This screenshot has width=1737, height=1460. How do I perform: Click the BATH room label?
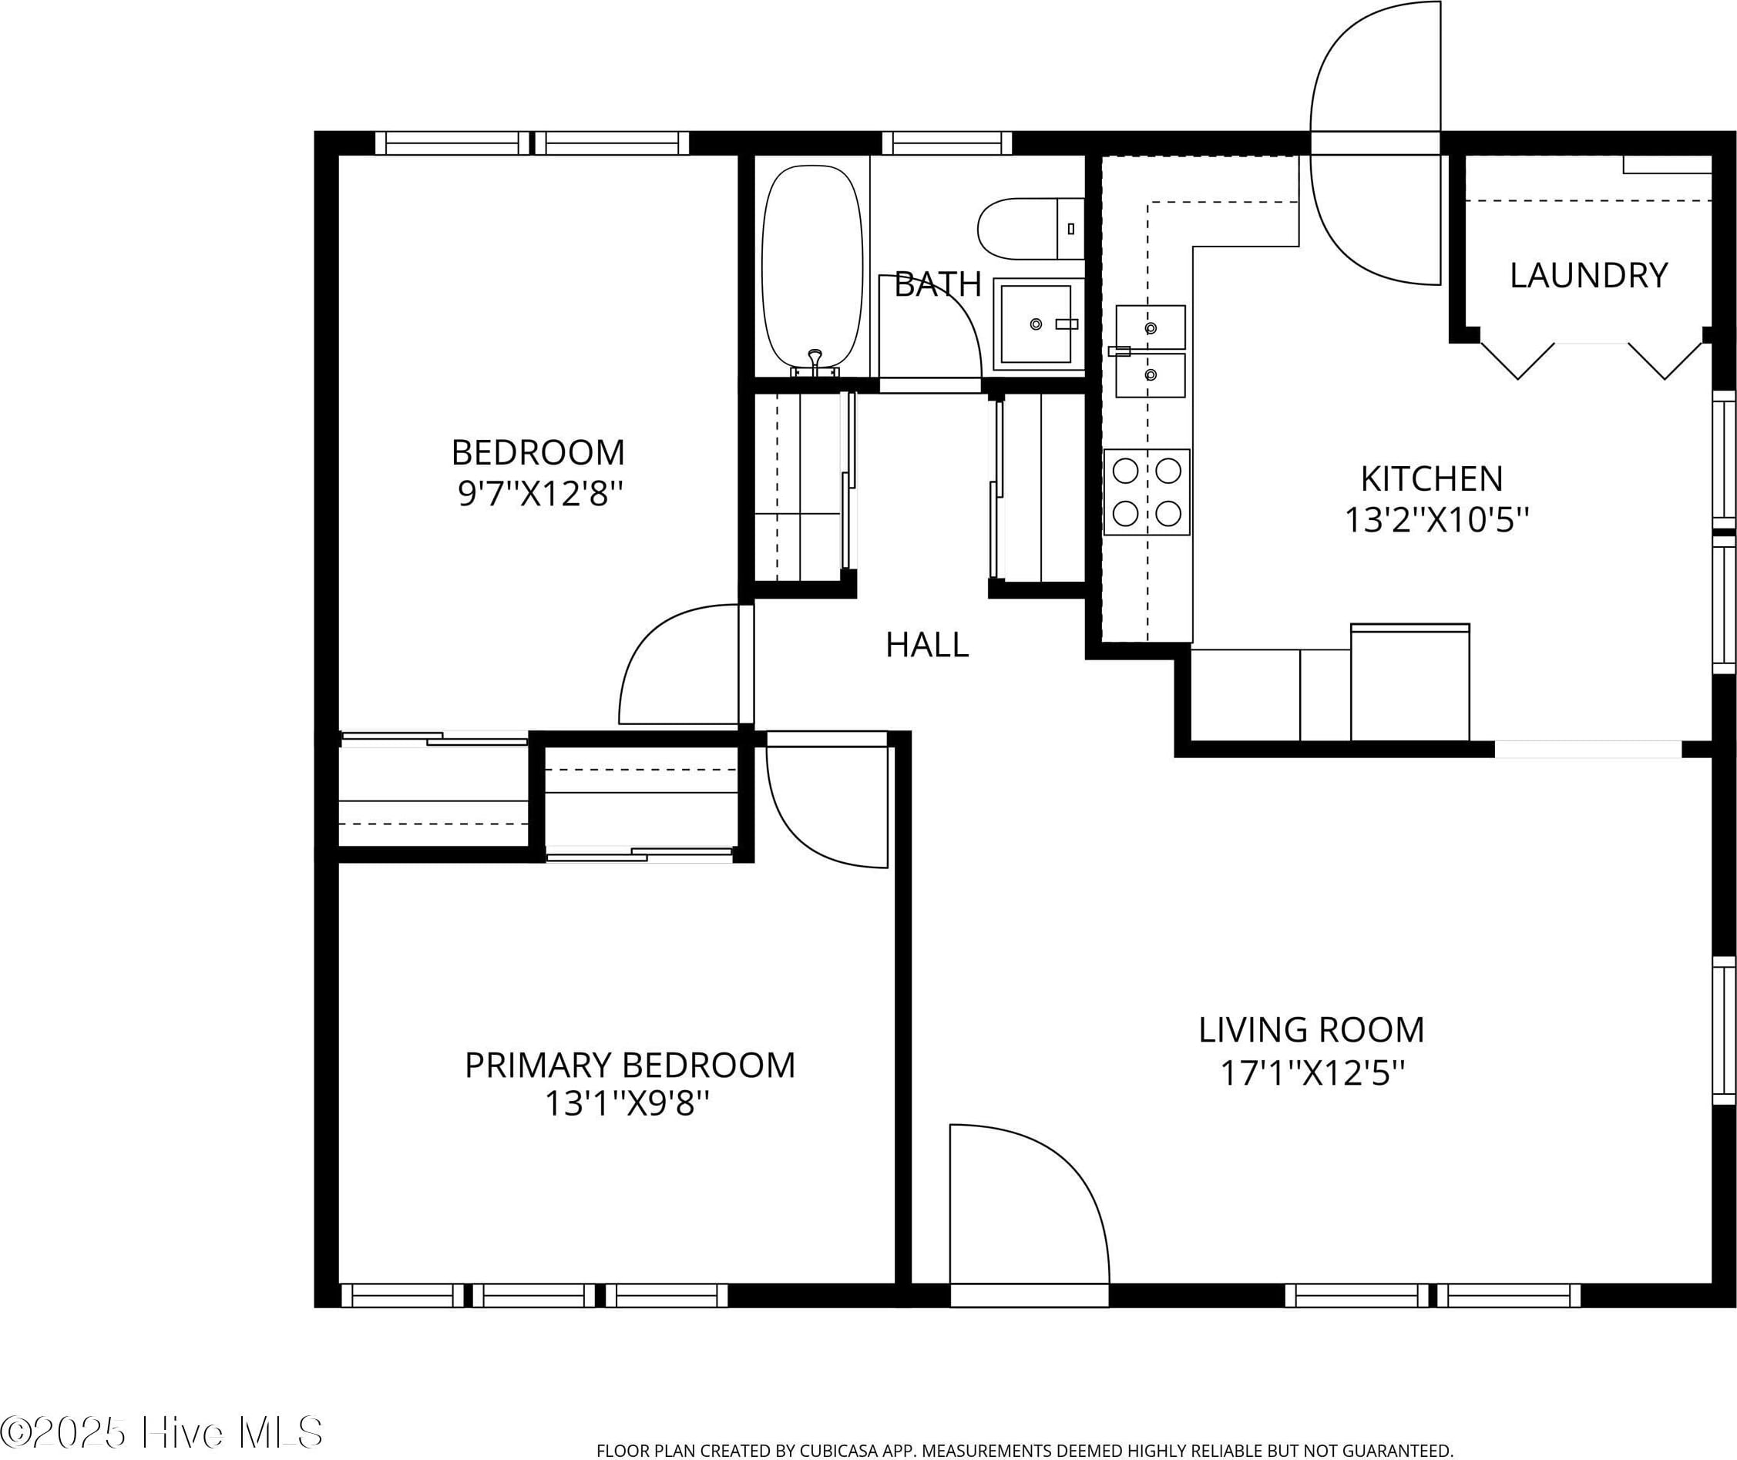point(937,285)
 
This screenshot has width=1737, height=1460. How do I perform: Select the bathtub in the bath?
point(813,268)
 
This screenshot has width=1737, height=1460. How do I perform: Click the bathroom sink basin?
point(1036,324)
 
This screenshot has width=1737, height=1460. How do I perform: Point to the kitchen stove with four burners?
point(1147,492)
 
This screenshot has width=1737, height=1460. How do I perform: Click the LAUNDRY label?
point(1588,276)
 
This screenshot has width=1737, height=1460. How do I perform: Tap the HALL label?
point(926,645)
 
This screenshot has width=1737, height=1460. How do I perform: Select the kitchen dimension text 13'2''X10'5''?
point(1436,521)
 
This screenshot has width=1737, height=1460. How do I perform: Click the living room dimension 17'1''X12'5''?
point(1312,1073)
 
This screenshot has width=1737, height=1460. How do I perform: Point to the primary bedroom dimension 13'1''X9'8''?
point(627,1103)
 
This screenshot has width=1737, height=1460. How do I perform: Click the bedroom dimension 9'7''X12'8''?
point(539,494)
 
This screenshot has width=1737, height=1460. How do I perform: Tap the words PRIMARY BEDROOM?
point(630,1066)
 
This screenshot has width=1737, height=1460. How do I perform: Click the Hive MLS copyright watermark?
point(161,1433)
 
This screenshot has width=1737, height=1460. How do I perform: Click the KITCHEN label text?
point(1432,479)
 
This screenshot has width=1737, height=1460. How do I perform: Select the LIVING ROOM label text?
point(1312,1030)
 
